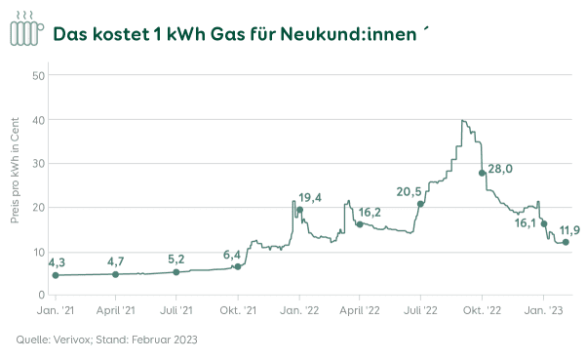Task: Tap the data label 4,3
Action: coord(57,262)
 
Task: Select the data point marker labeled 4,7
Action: coord(116,274)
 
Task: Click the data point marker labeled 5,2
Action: coord(176,272)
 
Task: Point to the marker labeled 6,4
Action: coord(238,266)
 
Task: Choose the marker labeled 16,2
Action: coord(360,224)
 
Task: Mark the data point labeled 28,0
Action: coord(482,173)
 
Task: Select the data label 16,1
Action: coord(526,223)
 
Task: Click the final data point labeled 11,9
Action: coord(565,242)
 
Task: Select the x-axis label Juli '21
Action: coord(176,310)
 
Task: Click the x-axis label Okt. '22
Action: coord(482,310)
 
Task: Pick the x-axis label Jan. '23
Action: coord(543,310)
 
